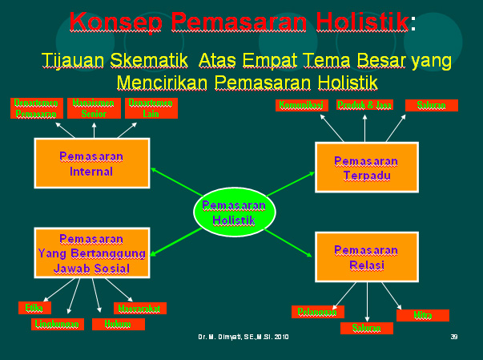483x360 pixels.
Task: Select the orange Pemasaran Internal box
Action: point(91,163)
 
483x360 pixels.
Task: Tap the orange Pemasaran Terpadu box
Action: point(366,168)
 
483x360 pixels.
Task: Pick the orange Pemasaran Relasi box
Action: point(366,256)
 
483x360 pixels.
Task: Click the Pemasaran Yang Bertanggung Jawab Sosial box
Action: point(91,253)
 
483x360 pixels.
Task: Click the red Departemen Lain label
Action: point(151,107)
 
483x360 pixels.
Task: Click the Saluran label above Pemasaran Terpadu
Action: point(431,105)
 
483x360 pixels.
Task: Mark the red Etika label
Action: point(34,308)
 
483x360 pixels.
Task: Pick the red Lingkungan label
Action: point(58,324)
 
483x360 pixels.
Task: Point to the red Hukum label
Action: point(118,324)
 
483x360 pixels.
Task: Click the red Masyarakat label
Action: point(139,308)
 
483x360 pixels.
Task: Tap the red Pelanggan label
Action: point(317,312)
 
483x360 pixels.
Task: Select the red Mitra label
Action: point(422,315)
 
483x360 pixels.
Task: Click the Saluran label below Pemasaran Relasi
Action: point(366,327)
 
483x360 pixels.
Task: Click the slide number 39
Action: point(453,337)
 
